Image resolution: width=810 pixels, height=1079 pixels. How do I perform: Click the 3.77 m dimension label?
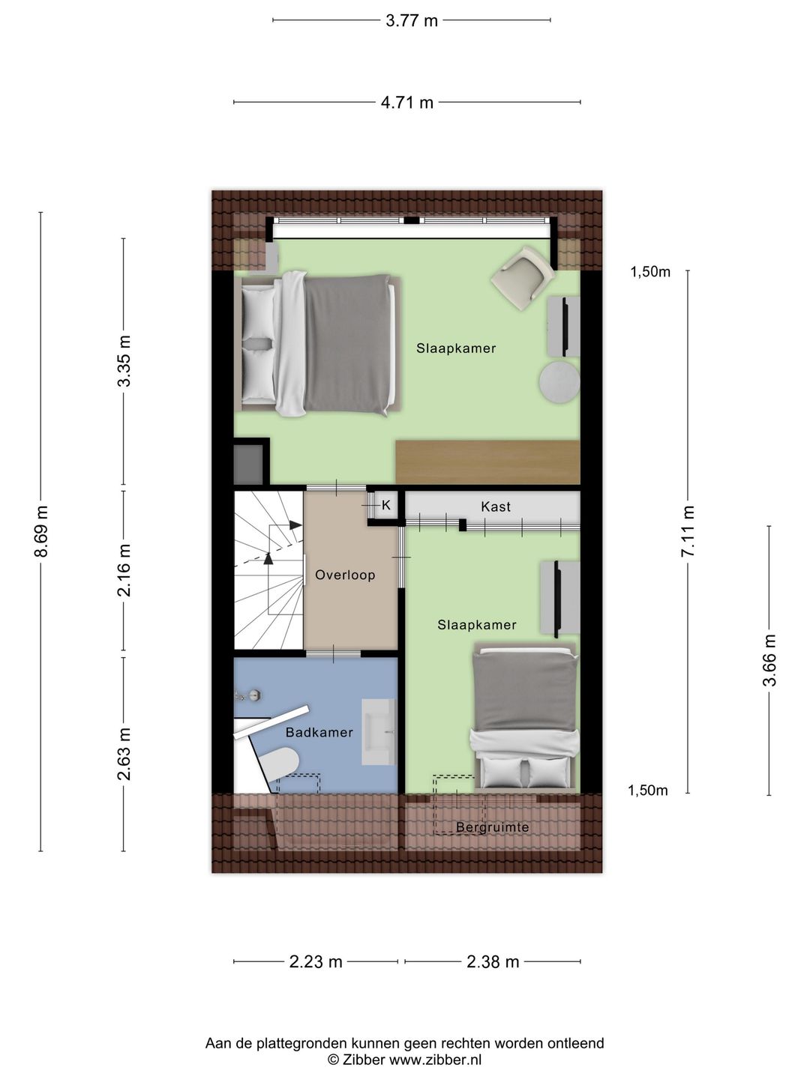[411, 21]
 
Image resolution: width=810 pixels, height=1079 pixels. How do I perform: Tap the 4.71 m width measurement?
[407, 103]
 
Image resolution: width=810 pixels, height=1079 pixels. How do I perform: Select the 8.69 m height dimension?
[41, 531]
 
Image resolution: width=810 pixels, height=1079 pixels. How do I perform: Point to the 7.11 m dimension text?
[688, 531]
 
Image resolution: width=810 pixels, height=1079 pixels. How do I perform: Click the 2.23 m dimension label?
[316, 961]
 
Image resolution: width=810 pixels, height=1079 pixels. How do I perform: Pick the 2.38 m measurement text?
[493, 961]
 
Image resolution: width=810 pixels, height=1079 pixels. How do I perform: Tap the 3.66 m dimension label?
[770, 660]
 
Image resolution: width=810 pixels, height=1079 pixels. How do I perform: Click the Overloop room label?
[345, 575]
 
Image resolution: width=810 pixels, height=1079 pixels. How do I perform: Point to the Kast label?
[496, 507]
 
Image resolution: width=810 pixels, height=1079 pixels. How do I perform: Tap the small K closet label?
[386, 505]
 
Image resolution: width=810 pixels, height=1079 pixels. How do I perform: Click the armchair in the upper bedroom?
[523, 278]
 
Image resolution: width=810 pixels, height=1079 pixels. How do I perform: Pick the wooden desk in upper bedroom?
[487, 462]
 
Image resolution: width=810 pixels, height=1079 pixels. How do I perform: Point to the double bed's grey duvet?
[349, 344]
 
